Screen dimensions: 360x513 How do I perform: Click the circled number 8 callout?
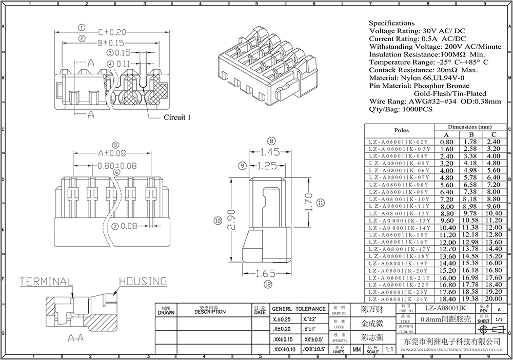click(x=272, y=141)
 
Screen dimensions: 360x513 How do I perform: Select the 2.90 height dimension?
click(x=232, y=220)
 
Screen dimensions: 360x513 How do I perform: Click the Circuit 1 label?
click(x=177, y=117)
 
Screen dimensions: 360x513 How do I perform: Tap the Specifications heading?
click(x=391, y=23)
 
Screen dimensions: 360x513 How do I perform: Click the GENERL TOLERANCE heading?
click(x=298, y=309)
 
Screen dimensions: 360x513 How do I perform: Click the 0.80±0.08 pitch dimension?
click(x=117, y=166)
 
